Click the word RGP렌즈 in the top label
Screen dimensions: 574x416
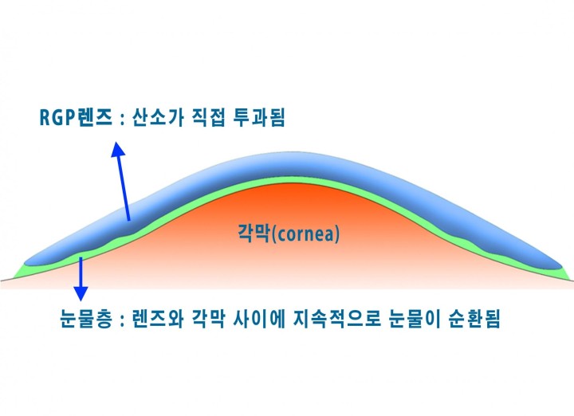[x=76, y=118]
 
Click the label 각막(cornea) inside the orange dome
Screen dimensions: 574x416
[x=289, y=234]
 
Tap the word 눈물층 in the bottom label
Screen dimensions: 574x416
[x=85, y=318]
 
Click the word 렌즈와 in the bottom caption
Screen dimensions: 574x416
[x=157, y=318]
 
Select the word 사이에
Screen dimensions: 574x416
[x=259, y=318]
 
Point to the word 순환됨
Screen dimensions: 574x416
[x=474, y=318]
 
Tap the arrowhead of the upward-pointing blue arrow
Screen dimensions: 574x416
[x=117, y=149]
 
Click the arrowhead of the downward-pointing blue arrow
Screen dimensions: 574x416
[x=81, y=293]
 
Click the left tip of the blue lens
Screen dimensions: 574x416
[x=25, y=263]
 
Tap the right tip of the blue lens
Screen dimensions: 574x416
[x=561, y=266]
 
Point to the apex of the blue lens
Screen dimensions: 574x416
[x=289, y=153]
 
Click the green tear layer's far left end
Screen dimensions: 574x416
[x=14, y=277]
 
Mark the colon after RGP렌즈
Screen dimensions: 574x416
[x=121, y=120]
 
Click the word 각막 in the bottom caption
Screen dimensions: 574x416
[x=208, y=318]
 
